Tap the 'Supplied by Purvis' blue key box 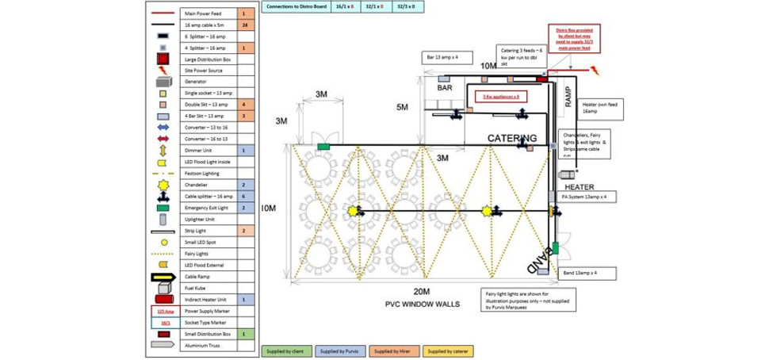click(341, 350)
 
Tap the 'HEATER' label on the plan click(580, 187)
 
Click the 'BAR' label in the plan click(444, 88)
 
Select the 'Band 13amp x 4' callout click(590, 272)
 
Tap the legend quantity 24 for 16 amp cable click(246, 25)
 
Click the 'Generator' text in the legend click(195, 82)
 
